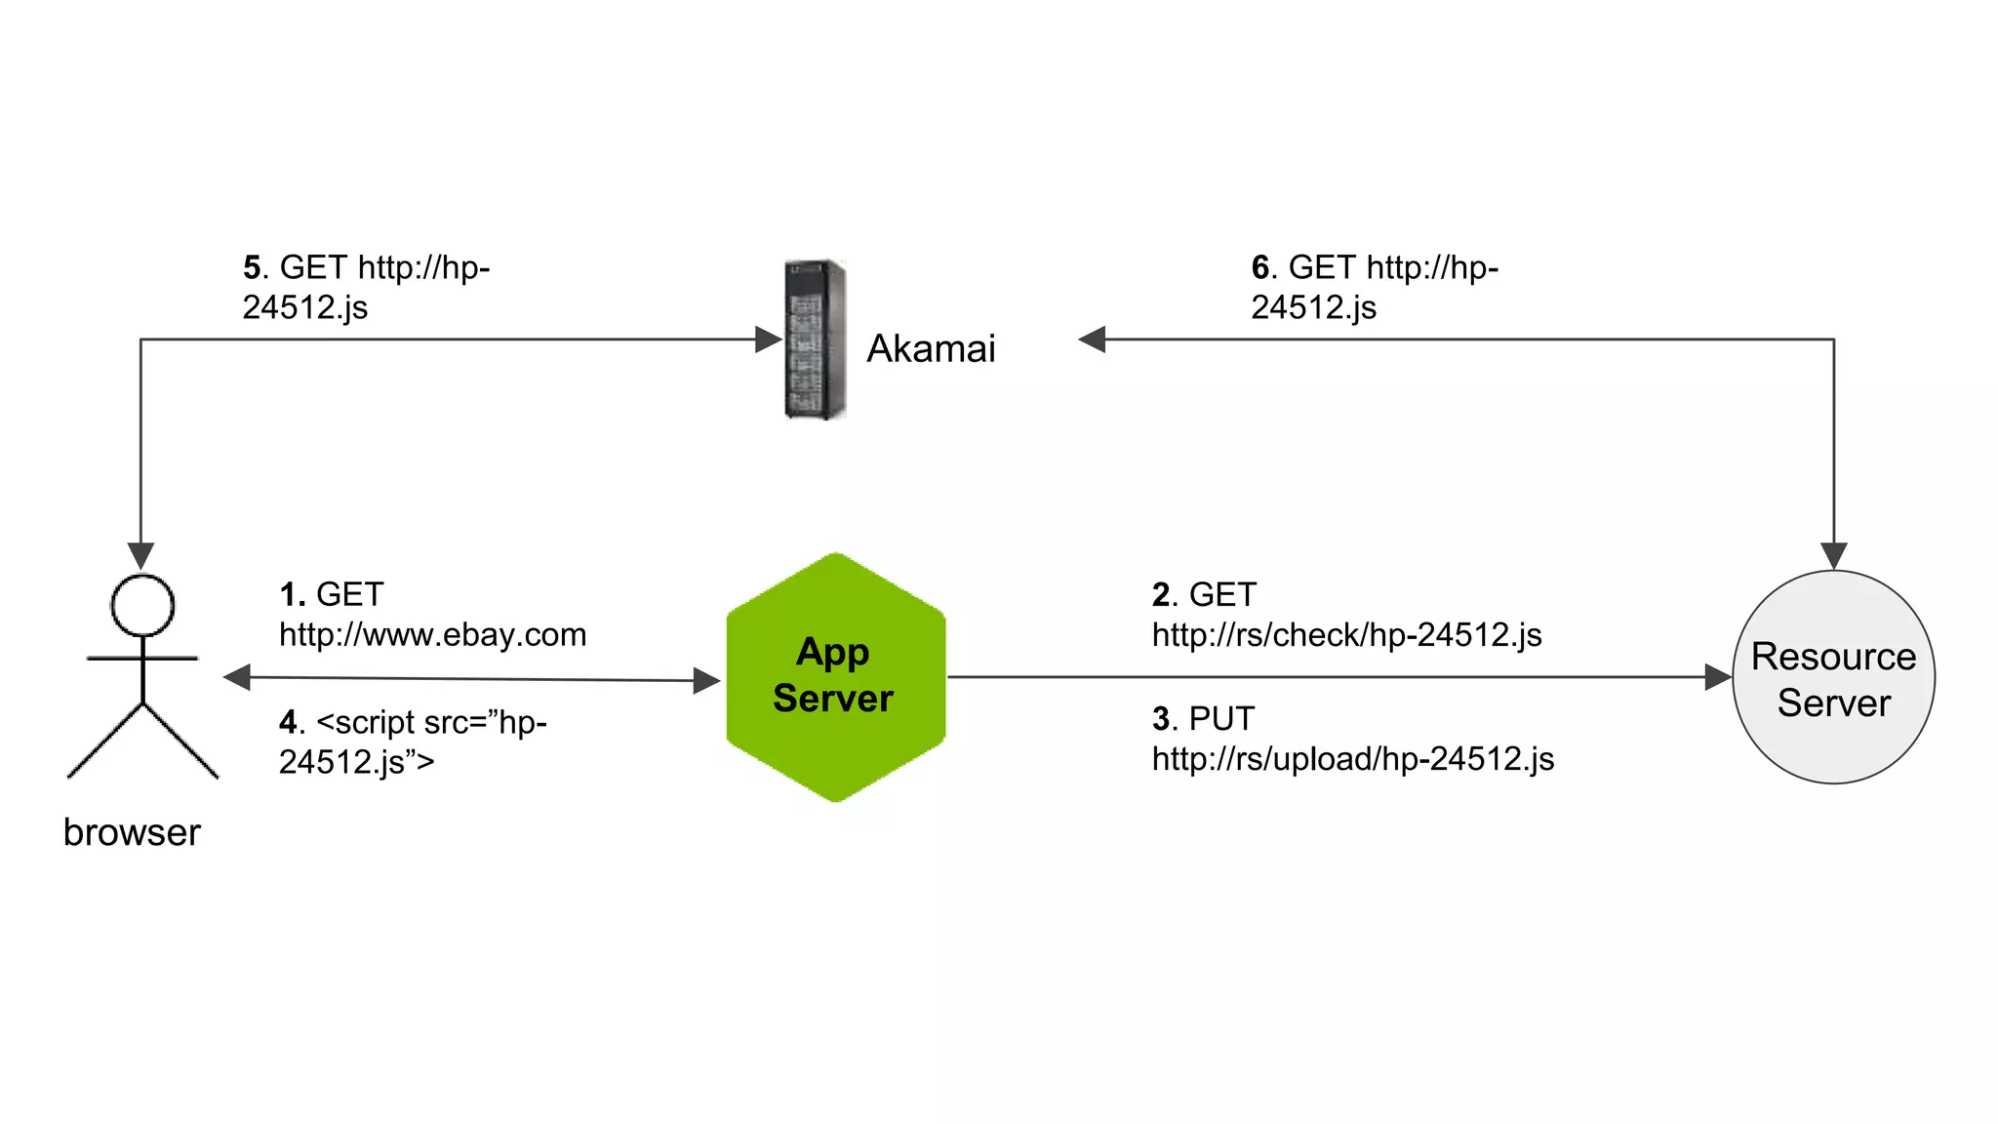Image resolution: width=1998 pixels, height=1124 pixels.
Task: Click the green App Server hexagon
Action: [835, 676]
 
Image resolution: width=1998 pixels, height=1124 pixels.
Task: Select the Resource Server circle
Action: [1833, 677]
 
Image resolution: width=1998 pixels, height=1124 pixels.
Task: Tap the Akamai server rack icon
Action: [815, 340]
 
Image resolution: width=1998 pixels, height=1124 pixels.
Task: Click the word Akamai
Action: [931, 348]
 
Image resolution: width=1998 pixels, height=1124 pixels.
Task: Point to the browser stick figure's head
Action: [142, 605]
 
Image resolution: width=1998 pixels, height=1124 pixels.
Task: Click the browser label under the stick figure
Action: [132, 832]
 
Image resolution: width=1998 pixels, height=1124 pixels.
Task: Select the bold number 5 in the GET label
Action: [252, 267]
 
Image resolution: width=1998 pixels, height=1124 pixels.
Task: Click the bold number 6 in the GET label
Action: [1260, 267]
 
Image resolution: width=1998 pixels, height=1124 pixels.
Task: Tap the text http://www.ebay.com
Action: [432, 635]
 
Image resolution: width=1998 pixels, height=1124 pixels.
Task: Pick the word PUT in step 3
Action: [1221, 719]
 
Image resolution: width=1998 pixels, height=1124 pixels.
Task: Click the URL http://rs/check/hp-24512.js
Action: [1346, 635]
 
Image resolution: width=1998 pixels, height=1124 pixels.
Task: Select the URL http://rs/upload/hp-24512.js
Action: [1352, 759]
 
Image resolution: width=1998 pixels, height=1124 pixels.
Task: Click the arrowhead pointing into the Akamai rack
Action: [769, 340]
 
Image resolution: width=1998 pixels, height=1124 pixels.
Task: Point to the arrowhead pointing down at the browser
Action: [140, 555]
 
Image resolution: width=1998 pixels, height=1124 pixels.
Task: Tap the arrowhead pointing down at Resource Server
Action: [1834, 555]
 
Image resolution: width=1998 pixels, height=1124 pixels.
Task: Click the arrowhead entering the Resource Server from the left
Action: [1718, 677]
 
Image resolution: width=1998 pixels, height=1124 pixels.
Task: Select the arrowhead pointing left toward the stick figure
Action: [237, 677]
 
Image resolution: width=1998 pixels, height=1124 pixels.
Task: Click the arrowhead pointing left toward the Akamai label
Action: [1092, 340]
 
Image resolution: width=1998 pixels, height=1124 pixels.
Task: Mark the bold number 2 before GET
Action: [1161, 594]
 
